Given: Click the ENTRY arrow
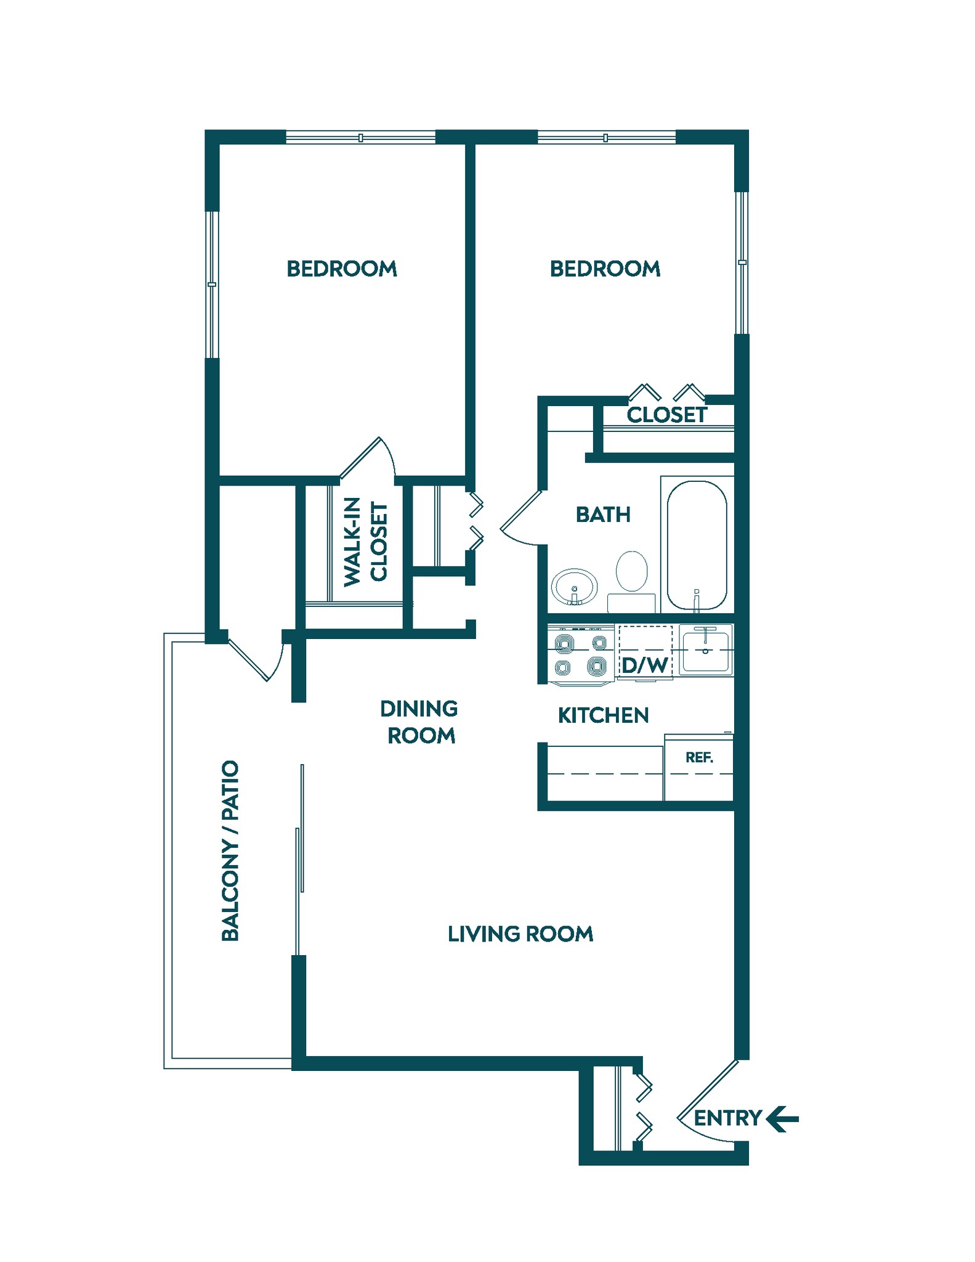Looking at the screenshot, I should pyautogui.click(x=782, y=1118).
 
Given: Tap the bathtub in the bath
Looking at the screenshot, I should pyautogui.click(x=697, y=545).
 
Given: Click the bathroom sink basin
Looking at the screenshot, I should pyautogui.click(x=574, y=586).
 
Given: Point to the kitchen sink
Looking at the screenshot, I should pyautogui.click(x=706, y=651).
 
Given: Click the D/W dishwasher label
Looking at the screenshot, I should pyautogui.click(x=644, y=666).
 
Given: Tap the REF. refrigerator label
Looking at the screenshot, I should pyautogui.click(x=699, y=757).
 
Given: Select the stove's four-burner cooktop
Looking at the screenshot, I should pyautogui.click(x=581, y=655).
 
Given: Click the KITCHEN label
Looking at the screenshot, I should pyautogui.click(x=603, y=715).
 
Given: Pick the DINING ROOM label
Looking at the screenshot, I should pyautogui.click(x=419, y=722).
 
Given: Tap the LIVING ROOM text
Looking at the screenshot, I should pyautogui.click(x=520, y=934).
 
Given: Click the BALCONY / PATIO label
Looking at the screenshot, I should pyautogui.click(x=230, y=850).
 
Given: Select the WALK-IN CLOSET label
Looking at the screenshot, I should pyautogui.click(x=365, y=542).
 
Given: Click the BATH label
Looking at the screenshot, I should pyautogui.click(x=603, y=515).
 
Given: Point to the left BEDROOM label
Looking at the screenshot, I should pyautogui.click(x=342, y=269).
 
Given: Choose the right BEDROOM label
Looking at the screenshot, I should pyautogui.click(x=605, y=269).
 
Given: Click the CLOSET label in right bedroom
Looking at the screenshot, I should pyautogui.click(x=666, y=415).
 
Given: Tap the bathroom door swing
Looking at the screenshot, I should pyautogui.click(x=521, y=521).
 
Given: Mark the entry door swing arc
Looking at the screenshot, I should pyautogui.click(x=699, y=1107).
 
